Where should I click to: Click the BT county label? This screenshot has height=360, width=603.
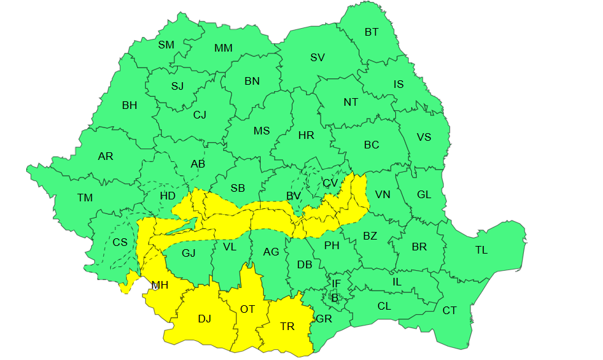(371, 32)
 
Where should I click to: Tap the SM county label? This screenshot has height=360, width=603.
(166, 45)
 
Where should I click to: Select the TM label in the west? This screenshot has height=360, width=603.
(85, 198)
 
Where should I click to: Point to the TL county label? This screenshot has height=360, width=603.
(481, 250)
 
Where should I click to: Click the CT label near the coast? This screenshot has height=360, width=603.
(449, 310)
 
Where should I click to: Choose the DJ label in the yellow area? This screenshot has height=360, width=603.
(204, 319)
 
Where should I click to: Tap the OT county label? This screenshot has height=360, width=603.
(247, 309)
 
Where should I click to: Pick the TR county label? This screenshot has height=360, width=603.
(287, 326)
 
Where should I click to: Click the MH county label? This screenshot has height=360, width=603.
(159, 285)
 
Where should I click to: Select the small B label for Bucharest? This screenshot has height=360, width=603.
(335, 297)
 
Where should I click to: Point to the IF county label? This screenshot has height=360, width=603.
(336, 284)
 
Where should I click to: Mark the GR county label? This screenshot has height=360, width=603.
(324, 318)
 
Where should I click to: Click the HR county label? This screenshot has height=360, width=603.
(306, 135)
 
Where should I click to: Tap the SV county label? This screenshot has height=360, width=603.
(317, 57)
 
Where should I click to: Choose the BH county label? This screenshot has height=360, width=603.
(129, 105)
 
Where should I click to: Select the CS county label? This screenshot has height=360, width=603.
(120, 242)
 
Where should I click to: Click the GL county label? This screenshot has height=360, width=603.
(424, 195)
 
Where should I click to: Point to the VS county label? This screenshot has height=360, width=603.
(424, 137)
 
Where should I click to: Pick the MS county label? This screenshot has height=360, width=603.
(262, 131)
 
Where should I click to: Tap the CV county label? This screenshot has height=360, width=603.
(330, 183)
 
